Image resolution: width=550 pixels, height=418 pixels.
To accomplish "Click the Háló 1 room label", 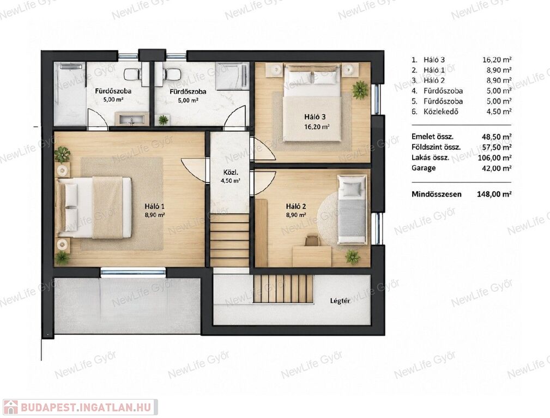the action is click(x=155, y=206).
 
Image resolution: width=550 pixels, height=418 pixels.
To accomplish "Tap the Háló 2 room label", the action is click(x=295, y=206).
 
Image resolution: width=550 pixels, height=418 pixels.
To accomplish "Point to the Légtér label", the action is click(x=340, y=300).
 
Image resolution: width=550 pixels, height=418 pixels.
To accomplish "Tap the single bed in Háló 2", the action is click(x=352, y=209).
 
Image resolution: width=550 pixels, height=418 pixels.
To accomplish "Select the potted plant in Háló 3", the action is click(x=360, y=90).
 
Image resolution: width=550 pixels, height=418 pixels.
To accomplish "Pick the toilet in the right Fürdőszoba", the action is click(x=170, y=73).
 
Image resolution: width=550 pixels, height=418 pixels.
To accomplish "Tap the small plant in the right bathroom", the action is click(x=164, y=120).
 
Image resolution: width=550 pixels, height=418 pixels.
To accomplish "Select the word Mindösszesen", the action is click(x=437, y=194).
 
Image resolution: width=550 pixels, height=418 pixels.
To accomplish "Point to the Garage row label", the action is click(x=424, y=168).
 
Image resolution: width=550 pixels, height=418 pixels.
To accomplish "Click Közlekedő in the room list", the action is click(x=440, y=112).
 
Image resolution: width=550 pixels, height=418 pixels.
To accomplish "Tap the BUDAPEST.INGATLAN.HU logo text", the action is click(x=86, y=407).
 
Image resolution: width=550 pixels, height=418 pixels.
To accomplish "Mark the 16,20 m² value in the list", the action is click(x=497, y=60).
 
